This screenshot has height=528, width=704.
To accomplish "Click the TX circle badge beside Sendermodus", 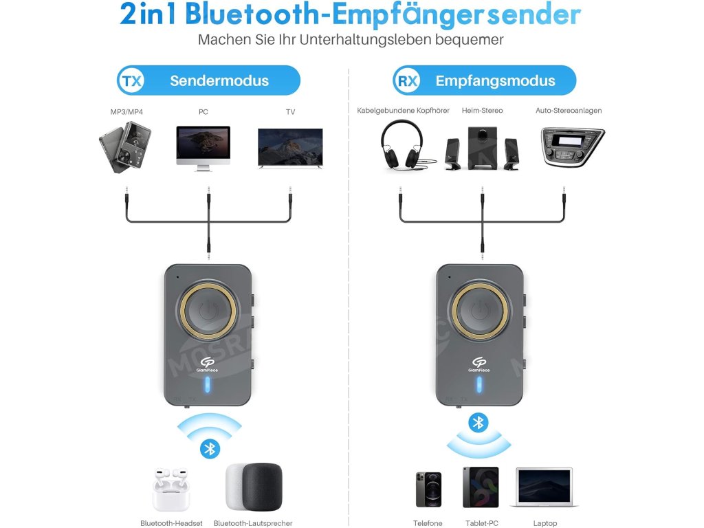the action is click(x=131, y=80).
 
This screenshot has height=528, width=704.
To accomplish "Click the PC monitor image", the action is click(x=203, y=146).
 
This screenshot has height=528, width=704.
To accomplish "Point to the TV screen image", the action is click(x=289, y=146).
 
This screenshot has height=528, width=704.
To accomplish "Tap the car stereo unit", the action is click(x=572, y=146).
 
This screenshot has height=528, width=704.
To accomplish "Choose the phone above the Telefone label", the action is click(x=428, y=488).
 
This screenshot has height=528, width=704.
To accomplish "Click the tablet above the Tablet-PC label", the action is click(x=480, y=487).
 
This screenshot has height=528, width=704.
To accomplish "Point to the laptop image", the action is click(x=544, y=487).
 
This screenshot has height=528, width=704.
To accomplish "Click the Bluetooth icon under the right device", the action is click(x=478, y=422).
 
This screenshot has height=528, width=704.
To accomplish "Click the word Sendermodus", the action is click(x=219, y=80).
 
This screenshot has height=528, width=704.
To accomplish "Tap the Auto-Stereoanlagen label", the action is click(x=569, y=111).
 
